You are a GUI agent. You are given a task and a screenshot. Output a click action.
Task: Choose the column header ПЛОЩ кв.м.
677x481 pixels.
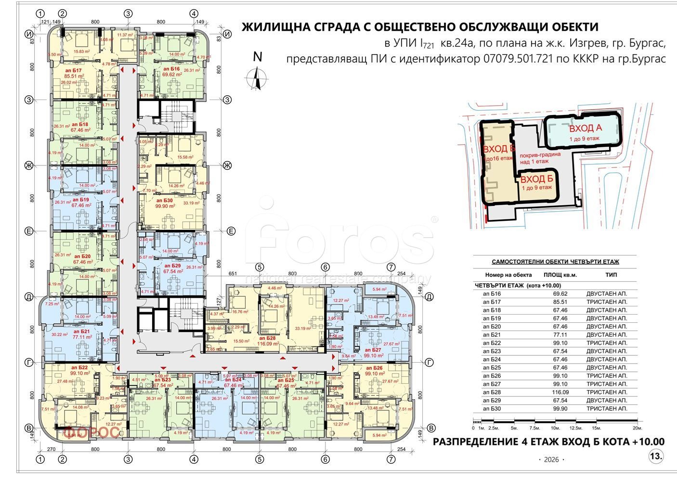(560, 275)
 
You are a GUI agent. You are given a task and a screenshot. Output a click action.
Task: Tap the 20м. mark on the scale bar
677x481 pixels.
(637, 428)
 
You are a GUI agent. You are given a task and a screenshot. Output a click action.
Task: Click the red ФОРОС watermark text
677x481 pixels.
(91, 432)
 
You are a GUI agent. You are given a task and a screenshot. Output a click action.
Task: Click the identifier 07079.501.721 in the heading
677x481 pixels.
(524, 59)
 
